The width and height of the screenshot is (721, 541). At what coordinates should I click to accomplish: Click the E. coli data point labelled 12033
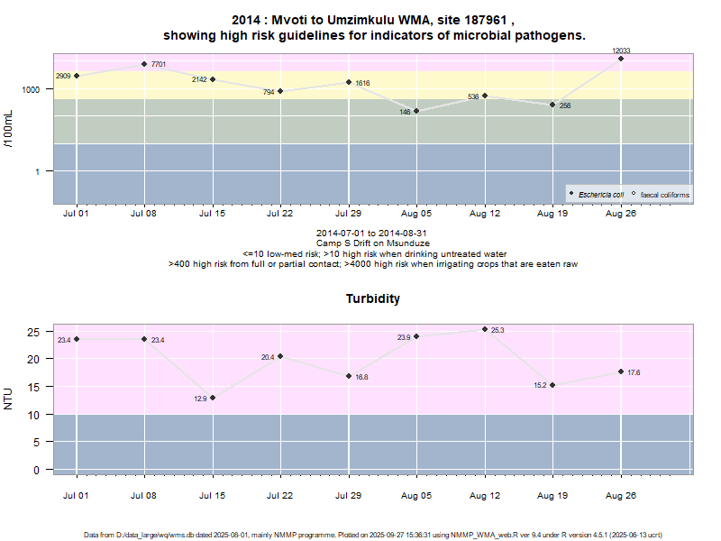pos(621,59)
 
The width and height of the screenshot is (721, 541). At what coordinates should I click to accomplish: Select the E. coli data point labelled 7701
pos(144,64)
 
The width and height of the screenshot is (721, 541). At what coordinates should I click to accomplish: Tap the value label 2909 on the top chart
pos(63,77)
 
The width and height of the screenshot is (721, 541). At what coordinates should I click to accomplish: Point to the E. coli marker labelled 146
pos(416,111)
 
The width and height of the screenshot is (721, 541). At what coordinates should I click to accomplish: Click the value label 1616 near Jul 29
pos(362,83)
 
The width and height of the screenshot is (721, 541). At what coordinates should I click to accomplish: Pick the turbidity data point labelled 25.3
pos(485,329)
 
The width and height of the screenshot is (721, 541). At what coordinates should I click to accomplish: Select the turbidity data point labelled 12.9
pos(213,398)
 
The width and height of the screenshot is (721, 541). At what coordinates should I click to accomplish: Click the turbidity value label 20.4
pos(268,358)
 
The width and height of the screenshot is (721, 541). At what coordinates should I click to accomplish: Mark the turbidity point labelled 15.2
pos(552,385)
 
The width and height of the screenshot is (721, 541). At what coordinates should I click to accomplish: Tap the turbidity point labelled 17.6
pos(621,371)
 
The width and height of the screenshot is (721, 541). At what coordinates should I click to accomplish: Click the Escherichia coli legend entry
pos(599,194)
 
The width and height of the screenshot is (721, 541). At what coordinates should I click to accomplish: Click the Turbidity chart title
pos(373,298)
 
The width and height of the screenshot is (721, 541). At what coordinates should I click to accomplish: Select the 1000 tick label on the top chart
pos(32,90)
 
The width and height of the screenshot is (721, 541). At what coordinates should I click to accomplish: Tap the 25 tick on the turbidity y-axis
pos(35,333)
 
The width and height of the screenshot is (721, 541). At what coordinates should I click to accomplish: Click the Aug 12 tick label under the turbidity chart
pos(485,495)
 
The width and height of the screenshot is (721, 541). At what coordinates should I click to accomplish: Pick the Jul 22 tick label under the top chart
pos(280,215)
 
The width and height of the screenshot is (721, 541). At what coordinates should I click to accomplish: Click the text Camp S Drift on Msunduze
pos(373,243)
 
